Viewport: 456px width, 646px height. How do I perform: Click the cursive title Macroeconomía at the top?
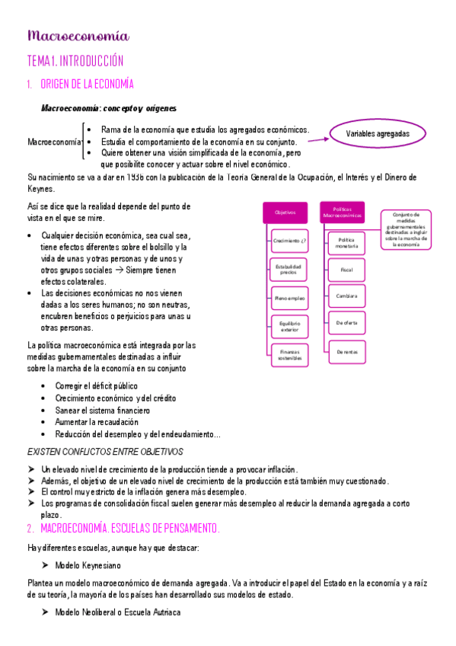pyautogui.click(x=78, y=36)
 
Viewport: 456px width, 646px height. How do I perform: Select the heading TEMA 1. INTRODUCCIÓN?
pyautogui.click(x=75, y=61)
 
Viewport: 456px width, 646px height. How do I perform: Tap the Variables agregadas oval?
pyautogui.click(x=377, y=134)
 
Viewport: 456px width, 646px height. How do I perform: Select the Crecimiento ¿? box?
pyautogui.click(x=289, y=241)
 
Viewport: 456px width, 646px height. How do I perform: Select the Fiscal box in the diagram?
pyautogui.click(x=347, y=269)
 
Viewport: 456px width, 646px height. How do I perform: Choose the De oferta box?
pyautogui.click(x=347, y=323)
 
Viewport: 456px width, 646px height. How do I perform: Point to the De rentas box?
pyautogui.click(x=347, y=350)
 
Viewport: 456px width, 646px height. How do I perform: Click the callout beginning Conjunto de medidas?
pyautogui.click(x=407, y=229)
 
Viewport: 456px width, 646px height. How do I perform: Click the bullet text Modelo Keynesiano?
pyautogui.click(x=88, y=565)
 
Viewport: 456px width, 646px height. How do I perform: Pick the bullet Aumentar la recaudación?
pyautogui.click(x=96, y=421)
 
